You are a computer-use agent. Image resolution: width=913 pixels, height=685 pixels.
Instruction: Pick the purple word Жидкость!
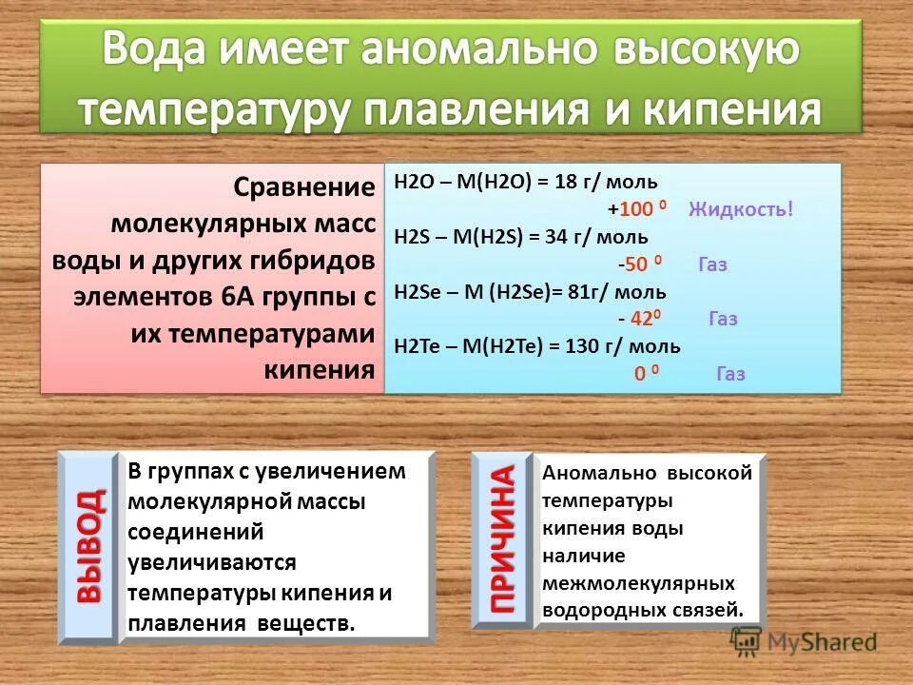(741, 208)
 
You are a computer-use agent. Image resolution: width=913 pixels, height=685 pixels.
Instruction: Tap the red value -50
(634, 264)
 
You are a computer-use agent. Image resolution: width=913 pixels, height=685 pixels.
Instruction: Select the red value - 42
(634, 319)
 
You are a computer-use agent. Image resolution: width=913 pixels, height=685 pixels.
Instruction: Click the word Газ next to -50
(712, 264)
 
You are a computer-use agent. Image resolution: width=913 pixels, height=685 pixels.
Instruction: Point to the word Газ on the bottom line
(730, 374)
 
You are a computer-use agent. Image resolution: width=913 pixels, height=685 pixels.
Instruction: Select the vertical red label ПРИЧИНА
(502, 539)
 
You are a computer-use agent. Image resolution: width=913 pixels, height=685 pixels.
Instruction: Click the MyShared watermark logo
(805, 642)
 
